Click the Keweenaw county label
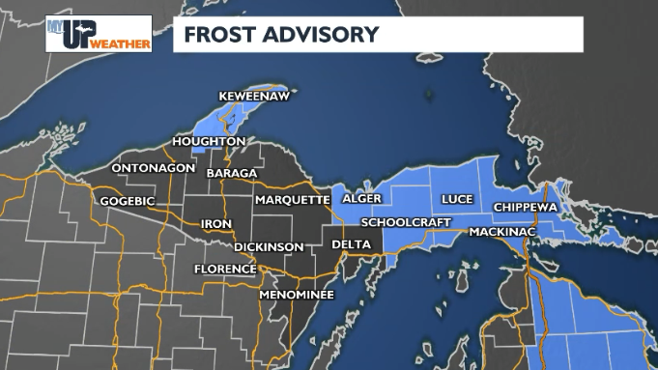click(x=253, y=97)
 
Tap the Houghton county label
click(x=208, y=141)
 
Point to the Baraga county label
click(x=232, y=173)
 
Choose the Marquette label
click(x=293, y=200)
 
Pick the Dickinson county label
click(x=269, y=246)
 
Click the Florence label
click(x=224, y=269)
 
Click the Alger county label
click(x=361, y=199)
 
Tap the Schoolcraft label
click(x=401, y=222)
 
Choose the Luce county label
click(x=457, y=199)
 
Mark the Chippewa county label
click(x=526, y=207)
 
